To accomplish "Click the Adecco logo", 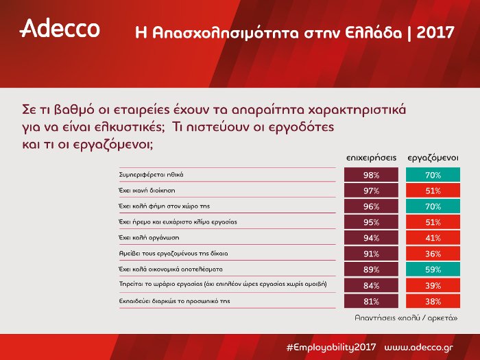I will pyautogui.click(x=60, y=28).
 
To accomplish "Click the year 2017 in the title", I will pyautogui.click(x=435, y=32).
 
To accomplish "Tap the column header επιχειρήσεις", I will pyautogui.click(x=371, y=157).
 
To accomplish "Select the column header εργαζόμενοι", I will pyautogui.click(x=433, y=157).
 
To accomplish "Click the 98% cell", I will pyautogui.click(x=371, y=176).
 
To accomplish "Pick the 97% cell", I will pyautogui.click(x=371, y=191).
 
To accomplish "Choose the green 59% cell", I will pyautogui.click(x=433, y=269).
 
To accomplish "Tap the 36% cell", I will pyautogui.click(x=433, y=253).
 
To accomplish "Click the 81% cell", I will pyautogui.click(x=371, y=300).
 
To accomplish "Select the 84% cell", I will pyautogui.click(x=371, y=285).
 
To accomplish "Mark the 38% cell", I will pyautogui.click(x=433, y=300).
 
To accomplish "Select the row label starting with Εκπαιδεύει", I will pyautogui.click(x=160, y=300).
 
